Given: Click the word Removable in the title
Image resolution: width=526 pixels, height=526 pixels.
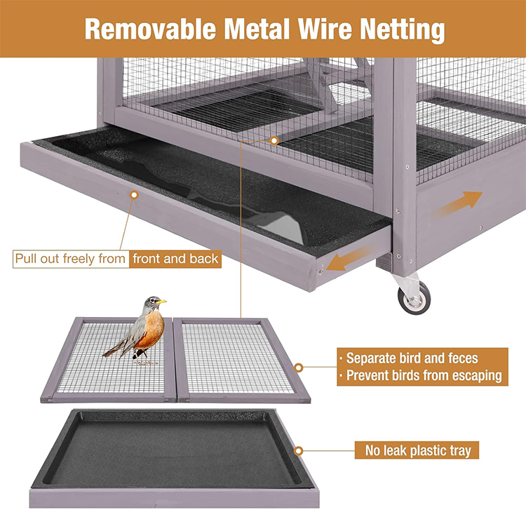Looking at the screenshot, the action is tap(150, 29).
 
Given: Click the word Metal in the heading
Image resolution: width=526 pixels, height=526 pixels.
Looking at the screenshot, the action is tap(257, 29).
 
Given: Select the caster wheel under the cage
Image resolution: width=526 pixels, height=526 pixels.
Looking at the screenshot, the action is tap(414, 297).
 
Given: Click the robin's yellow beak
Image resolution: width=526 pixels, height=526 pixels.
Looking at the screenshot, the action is tap(162, 302).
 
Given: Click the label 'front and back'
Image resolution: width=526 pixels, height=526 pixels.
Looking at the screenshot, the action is tap(175, 259).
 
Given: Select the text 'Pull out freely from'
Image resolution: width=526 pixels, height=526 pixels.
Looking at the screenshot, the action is tap(70, 259).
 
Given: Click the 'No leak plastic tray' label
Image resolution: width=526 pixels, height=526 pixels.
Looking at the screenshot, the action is tap(418, 450).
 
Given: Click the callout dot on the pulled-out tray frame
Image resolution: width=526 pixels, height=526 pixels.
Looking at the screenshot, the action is tap(134, 194).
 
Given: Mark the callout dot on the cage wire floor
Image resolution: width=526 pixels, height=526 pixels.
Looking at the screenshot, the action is tap(274, 140).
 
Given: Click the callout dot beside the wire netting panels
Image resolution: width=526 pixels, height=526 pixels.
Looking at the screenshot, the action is tap(298, 367).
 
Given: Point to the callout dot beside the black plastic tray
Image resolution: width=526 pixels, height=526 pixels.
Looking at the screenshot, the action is tap(298, 451).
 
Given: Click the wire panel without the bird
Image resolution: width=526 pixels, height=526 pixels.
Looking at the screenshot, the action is tap(241, 360).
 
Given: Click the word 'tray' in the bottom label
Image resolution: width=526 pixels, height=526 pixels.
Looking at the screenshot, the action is tap(460, 451).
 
